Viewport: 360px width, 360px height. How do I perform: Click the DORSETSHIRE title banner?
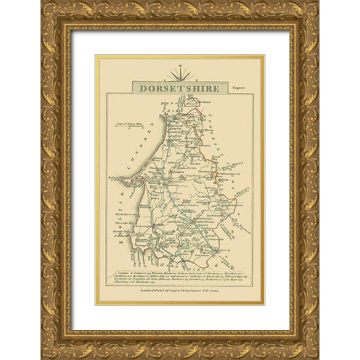pyautogui.click(x=179, y=87)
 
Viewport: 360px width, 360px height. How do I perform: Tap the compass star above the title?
pyautogui.click(x=179, y=73)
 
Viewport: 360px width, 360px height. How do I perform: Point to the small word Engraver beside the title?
pyautogui.click(x=240, y=89)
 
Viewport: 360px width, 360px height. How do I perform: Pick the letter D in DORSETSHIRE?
pyautogui.click(x=142, y=87)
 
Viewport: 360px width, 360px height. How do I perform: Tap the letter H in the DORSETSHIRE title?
pyautogui.click(x=199, y=87)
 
